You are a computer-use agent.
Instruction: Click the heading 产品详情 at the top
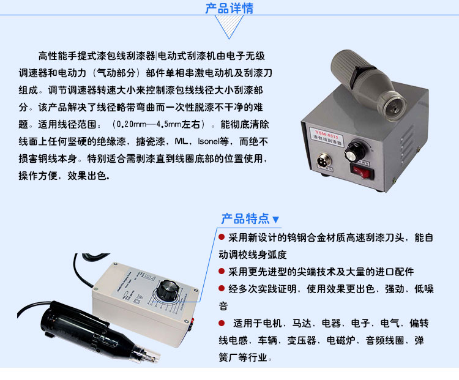coord(229,9)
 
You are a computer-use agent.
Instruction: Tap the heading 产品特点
coord(245,218)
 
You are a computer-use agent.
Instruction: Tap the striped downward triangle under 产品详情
coord(229,28)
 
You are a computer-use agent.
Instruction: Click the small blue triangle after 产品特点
coord(275,219)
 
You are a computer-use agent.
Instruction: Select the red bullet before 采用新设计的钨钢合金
coord(222,237)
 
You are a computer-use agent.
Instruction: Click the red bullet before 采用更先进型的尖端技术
coord(222,271)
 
